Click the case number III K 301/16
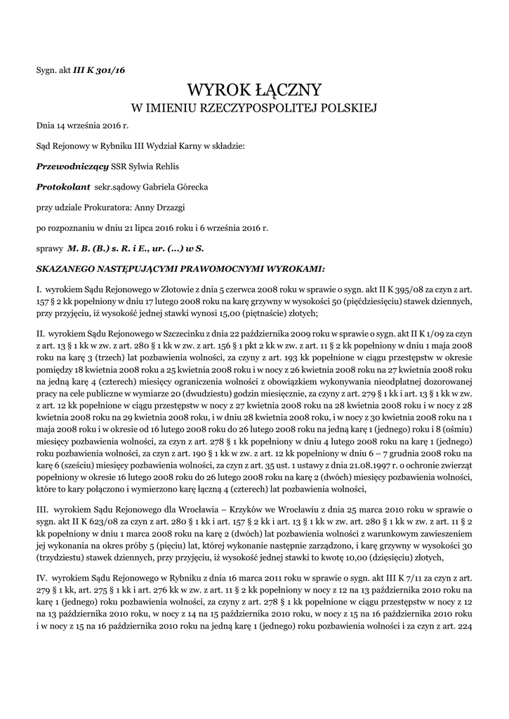coord(99,70)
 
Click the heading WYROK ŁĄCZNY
coord(254,90)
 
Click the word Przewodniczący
coord(72,166)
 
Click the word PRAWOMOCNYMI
coord(219,268)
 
